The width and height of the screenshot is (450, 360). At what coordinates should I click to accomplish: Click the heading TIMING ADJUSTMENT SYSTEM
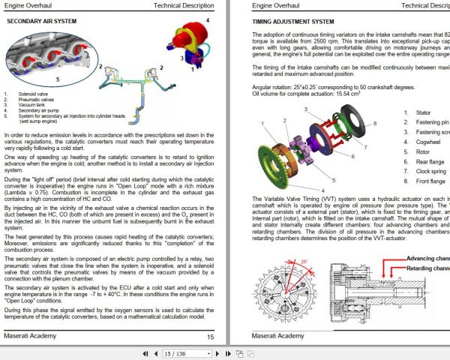pyautogui.click(x=292, y=22)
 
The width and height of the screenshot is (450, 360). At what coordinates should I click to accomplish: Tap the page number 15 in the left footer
pyautogui.click(x=210, y=337)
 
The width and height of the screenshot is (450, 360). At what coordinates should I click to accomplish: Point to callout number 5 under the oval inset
pyautogui.click(x=58, y=78)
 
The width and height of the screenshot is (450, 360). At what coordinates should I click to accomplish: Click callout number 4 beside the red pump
pyautogui.click(x=208, y=20)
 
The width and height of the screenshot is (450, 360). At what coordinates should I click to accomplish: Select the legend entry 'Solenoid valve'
pyautogui.click(x=34, y=94)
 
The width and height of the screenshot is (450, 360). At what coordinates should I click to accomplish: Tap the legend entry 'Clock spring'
pyautogui.click(x=432, y=169)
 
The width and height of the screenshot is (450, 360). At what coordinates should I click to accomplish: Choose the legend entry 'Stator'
pyautogui.click(x=423, y=111)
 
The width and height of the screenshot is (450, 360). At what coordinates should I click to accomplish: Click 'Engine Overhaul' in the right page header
pyautogui.click(x=272, y=5)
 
